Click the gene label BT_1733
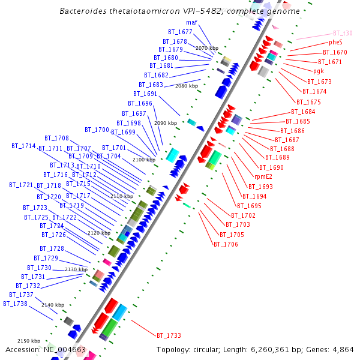tap(169, 335)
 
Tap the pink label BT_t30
tap(343, 34)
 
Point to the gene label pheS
tap(335, 43)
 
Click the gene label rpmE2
tap(263, 177)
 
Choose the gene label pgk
tap(318, 71)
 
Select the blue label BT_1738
tap(15, 304)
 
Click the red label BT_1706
tap(226, 244)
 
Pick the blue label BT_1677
tap(180, 32)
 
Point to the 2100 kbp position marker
tap(143, 160)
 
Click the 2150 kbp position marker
tap(28, 341)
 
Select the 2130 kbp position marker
tap(76, 270)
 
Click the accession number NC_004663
tap(65, 350)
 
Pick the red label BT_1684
tap(303, 112)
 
